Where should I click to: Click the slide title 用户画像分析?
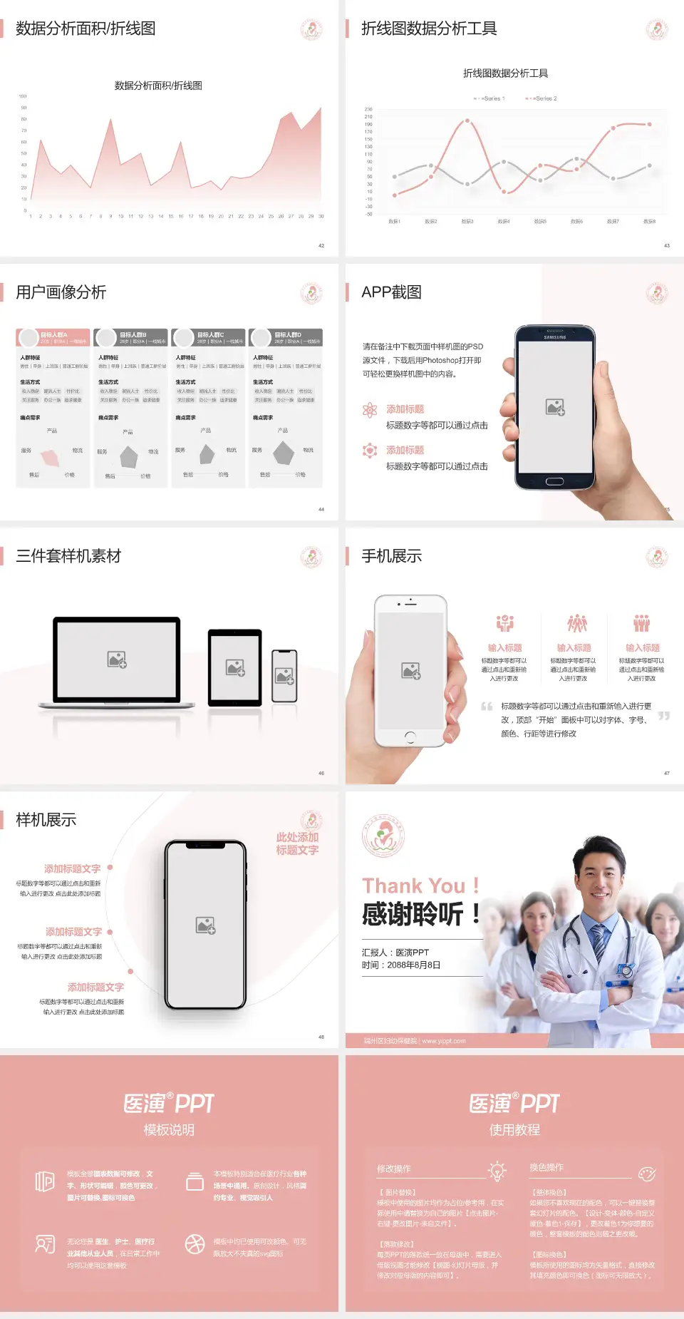pos(61,292)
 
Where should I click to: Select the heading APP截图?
pos(391,292)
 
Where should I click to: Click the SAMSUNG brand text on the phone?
pos(555,337)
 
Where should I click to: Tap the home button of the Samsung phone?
pos(554,481)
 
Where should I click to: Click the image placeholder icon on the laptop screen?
pos(117,659)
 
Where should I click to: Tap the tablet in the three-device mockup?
pos(235,668)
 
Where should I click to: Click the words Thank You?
pos(413,886)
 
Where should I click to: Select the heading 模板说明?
pos(169,1130)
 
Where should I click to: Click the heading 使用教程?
pos(514,1130)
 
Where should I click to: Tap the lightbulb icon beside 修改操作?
pos(497,1171)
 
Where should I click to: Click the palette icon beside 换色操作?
pos(647,1174)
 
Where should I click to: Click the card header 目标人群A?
pos(54,334)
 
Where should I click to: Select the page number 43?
pos(667,245)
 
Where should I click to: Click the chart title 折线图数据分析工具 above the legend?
pos(505,73)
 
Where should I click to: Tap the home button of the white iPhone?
pos(410,737)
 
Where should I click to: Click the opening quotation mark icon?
pos(487,707)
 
